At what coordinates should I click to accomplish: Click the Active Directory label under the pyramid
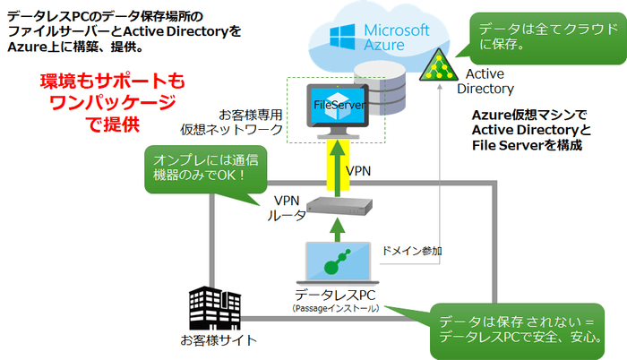tap(485, 81)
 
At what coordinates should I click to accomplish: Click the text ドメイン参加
tap(410, 252)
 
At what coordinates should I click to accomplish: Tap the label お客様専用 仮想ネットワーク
tap(251, 122)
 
